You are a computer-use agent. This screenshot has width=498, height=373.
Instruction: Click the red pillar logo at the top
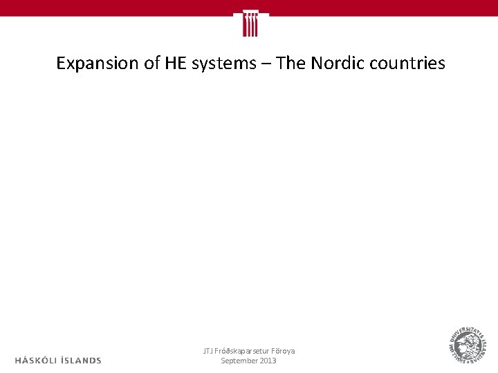pos(250,23)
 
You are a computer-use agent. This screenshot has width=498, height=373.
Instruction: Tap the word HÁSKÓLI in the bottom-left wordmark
pos(39,360)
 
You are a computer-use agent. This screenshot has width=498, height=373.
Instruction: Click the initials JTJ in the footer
pos(207,351)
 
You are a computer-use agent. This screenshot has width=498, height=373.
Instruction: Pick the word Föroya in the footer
pos(284,351)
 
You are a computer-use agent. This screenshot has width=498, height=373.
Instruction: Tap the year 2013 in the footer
pos(268,361)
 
